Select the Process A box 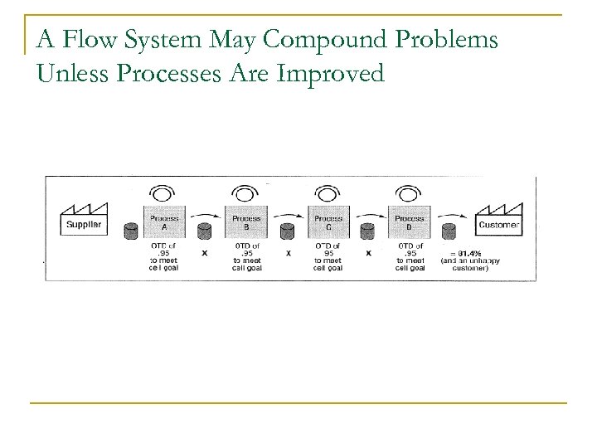163,222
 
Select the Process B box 245,222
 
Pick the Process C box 328,222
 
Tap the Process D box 410,222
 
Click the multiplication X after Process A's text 205,254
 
